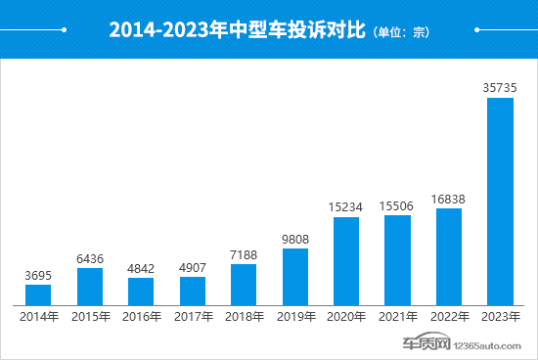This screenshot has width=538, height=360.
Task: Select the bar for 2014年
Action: [x=38, y=294]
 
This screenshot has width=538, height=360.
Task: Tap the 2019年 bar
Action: [x=294, y=276]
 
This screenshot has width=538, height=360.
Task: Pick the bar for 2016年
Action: [x=141, y=291]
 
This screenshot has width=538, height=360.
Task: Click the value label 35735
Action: [x=500, y=88]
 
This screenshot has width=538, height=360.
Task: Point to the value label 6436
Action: [x=90, y=258]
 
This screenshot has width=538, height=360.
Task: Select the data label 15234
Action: [x=346, y=207]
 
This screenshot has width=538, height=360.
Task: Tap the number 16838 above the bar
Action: [x=449, y=199]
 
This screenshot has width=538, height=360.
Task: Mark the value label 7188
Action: [x=244, y=254]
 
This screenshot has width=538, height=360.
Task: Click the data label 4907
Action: [x=193, y=267]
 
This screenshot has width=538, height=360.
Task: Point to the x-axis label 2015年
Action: [x=90, y=317]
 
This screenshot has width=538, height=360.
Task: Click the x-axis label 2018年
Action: [x=244, y=317]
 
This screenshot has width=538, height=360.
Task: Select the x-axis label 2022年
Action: [x=449, y=317]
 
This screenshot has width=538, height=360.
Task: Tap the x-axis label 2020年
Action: [x=346, y=317]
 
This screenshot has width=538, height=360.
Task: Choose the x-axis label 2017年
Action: [x=193, y=317]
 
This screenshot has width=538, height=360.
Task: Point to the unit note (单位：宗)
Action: [x=401, y=32]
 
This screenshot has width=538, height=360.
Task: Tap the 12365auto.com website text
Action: [x=494, y=344]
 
